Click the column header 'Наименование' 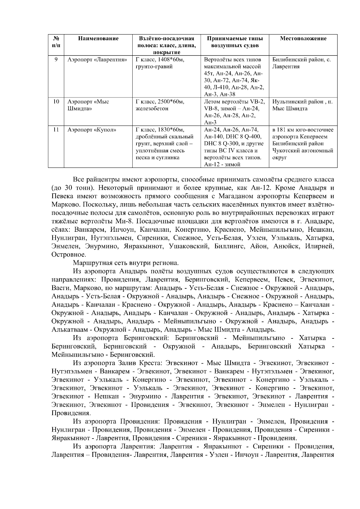tap(98, 38)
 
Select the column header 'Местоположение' tap(303, 38)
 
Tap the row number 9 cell tap(56, 59)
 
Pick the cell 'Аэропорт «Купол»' tap(92, 130)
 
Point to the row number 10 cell tap(56, 102)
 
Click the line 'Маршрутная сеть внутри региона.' tap(126, 263)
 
